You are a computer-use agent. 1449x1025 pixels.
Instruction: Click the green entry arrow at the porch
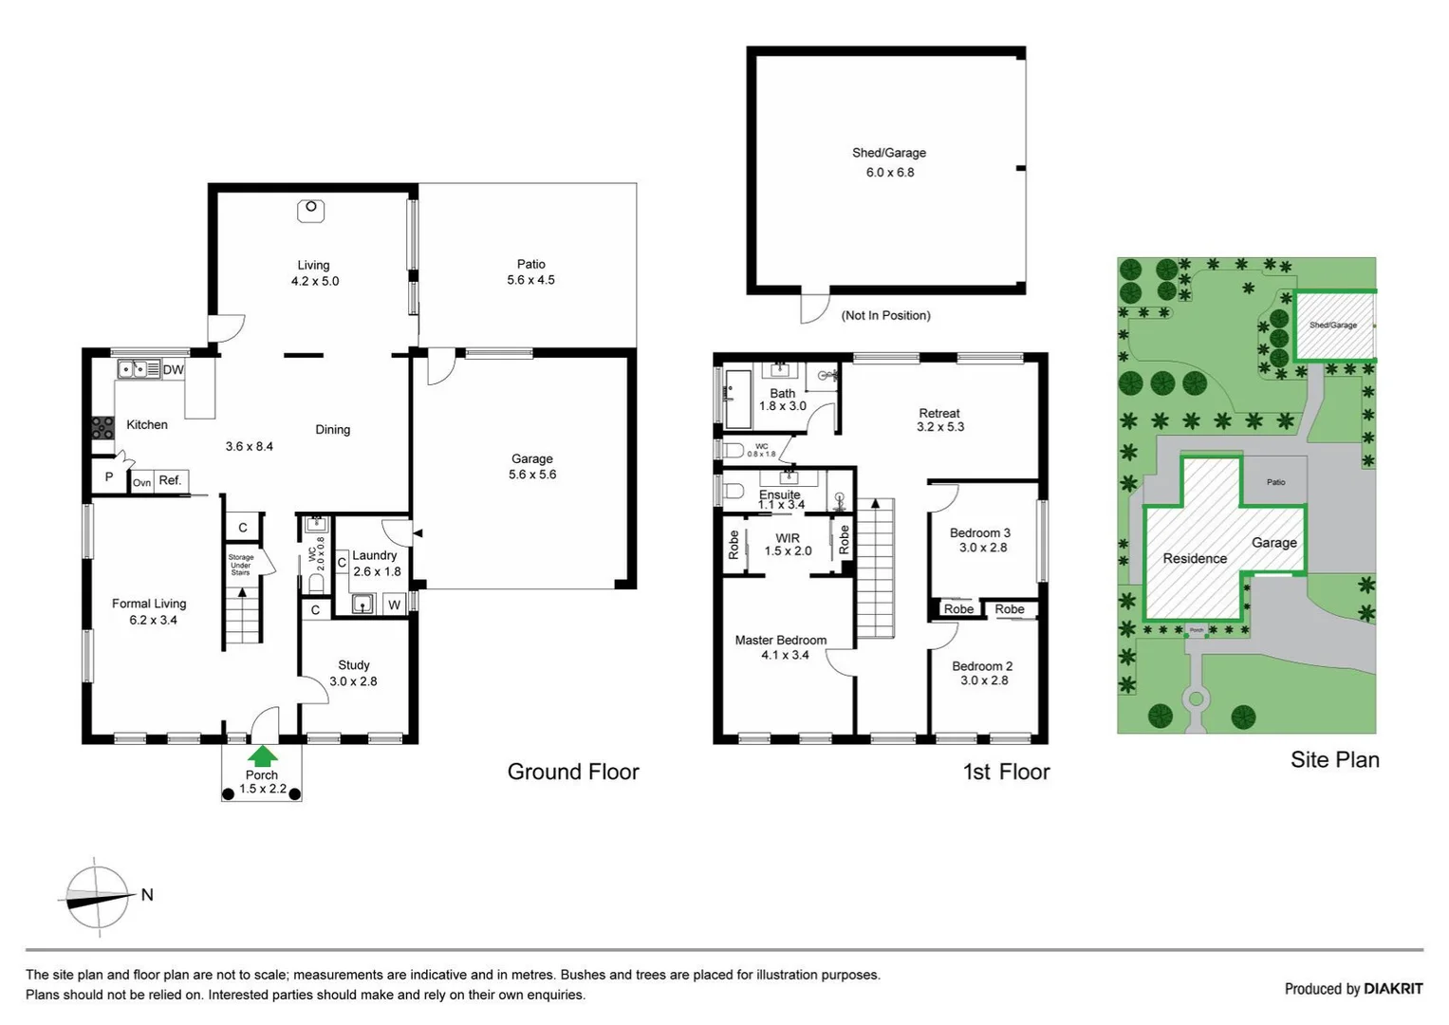click(262, 755)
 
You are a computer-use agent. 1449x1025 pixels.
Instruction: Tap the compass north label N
click(147, 894)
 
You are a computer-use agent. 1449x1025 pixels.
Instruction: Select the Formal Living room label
click(149, 604)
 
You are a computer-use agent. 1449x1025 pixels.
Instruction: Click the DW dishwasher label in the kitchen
click(173, 369)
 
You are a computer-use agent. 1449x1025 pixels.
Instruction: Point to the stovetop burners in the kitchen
click(102, 428)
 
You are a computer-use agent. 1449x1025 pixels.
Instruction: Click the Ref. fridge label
click(170, 480)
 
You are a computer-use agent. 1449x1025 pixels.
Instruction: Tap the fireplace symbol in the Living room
click(311, 211)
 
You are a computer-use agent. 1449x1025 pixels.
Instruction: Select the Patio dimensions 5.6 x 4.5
click(530, 280)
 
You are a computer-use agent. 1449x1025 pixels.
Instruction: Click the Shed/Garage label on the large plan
click(888, 153)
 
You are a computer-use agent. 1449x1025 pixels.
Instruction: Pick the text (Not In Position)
click(885, 315)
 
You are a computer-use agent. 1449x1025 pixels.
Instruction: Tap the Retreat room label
click(938, 413)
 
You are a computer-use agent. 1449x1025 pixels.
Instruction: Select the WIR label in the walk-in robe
click(788, 538)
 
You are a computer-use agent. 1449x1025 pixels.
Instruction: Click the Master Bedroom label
click(780, 641)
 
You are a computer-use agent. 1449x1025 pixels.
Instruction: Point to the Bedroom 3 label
click(979, 533)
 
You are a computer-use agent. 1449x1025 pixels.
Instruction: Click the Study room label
click(353, 665)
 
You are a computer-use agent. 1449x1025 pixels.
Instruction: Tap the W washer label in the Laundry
click(395, 605)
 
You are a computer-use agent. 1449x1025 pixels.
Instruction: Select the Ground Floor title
click(573, 772)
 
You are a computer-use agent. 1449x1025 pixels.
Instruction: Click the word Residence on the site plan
click(1195, 559)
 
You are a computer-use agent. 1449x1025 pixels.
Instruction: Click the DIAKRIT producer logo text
click(1393, 989)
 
